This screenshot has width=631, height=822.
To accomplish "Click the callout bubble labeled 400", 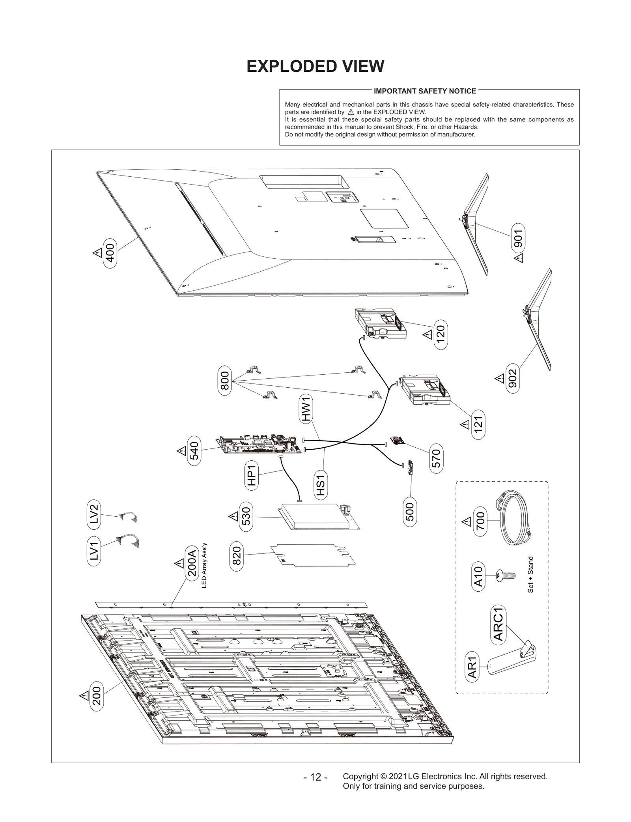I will (110, 253).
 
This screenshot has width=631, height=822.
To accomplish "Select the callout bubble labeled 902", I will (512, 379).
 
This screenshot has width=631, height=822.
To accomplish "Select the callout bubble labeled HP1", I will (251, 475).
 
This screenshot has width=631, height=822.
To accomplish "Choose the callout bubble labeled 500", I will (410, 512).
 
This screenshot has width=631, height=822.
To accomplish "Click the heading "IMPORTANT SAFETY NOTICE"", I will (425, 91).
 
